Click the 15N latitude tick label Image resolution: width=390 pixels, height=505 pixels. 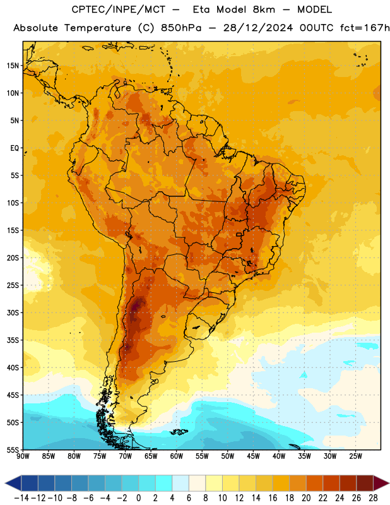pos(13,66)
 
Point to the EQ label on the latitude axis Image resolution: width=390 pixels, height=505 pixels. pos(15,148)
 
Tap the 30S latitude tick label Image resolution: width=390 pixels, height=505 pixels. pos(13,312)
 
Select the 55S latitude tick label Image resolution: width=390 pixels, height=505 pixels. pos(13,449)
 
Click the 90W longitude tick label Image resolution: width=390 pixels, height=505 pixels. pos(23,456)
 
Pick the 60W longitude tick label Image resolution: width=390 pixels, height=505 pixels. pos(177,456)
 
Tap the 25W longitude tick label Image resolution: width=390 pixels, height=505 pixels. pos(355,456)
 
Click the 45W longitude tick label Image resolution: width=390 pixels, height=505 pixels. pos(253,456)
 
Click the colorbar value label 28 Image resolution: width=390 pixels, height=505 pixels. pos(373,498)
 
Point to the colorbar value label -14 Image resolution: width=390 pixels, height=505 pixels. pos(21,498)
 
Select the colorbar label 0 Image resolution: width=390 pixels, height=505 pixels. pos(138,498)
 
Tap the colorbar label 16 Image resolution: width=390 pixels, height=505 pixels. pos(273,498)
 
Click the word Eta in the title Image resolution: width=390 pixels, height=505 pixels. pos(201,9)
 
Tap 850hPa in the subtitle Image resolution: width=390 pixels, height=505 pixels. pos(181,28)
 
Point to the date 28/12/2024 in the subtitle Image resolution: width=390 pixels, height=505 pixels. pos(258,28)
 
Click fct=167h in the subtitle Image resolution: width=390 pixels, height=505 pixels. pos(365,28)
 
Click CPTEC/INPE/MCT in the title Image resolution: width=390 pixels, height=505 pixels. pos(119,9)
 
